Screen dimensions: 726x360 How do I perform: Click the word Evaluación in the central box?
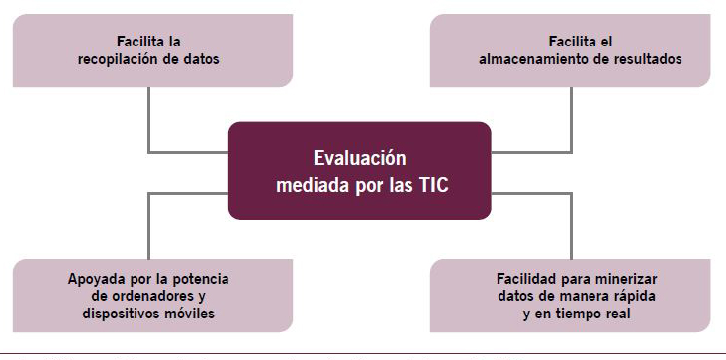point(360,158)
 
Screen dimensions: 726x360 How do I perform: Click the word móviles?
point(190,313)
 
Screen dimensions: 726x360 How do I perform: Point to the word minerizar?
point(627,279)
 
